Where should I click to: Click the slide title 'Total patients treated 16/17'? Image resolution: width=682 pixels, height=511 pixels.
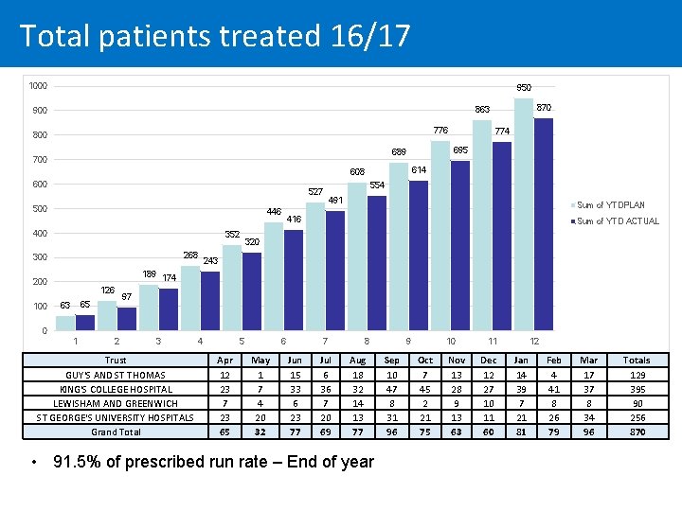pyautogui.click(x=215, y=36)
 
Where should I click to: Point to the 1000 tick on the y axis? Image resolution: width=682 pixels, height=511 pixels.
pyautogui.click(x=38, y=86)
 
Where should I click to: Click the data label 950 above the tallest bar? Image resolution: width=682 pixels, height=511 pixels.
pyautogui.click(x=524, y=87)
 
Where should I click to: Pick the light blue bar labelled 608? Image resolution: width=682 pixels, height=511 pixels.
pyautogui.click(x=356, y=255)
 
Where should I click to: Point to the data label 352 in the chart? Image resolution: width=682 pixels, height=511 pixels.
pyautogui.click(x=232, y=234)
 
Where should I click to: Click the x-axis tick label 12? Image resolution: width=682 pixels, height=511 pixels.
pyautogui.click(x=534, y=341)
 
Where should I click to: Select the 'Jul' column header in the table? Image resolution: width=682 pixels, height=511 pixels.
pyautogui.click(x=326, y=361)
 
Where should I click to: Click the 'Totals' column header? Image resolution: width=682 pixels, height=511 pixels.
pyautogui.click(x=636, y=361)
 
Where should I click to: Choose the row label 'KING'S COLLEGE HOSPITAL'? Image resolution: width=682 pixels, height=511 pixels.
pyautogui.click(x=116, y=389)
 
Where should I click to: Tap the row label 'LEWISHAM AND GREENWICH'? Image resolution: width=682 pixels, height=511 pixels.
pyautogui.click(x=116, y=403)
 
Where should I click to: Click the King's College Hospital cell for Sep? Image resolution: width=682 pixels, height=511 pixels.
pyautogui.click(x=391, y=389)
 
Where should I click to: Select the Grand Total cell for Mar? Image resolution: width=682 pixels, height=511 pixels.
pyautogui.click(x=589, y=432)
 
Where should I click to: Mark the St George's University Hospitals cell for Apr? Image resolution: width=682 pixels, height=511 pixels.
pyautogui.click(x=224, y=417)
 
